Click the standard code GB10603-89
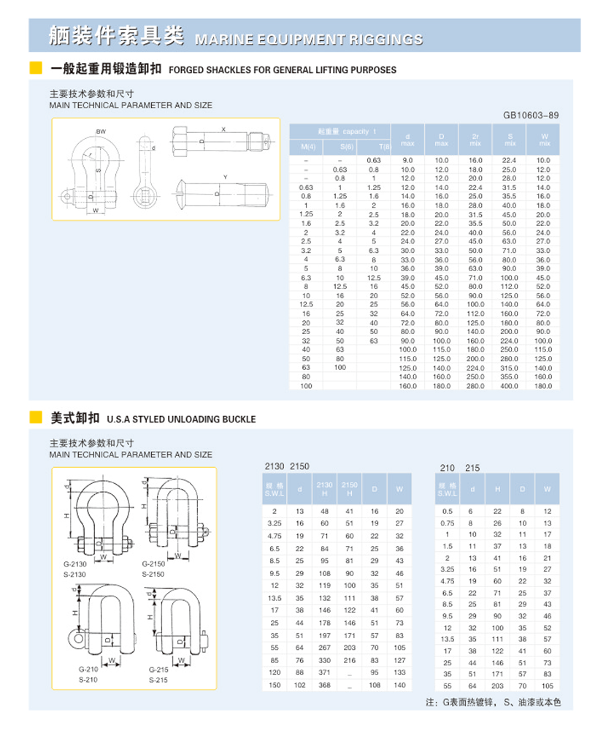[x=531, y=115]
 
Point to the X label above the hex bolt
[x=223, y=129]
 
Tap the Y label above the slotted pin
[x=226, y=177]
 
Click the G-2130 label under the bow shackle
[x=74, y=564]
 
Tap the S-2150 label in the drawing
[x=153, y=574]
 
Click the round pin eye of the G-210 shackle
[x=76, y=638]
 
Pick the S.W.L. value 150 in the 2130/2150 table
[x=275, y=685]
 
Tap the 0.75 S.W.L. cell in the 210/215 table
[x=448, y=523]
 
